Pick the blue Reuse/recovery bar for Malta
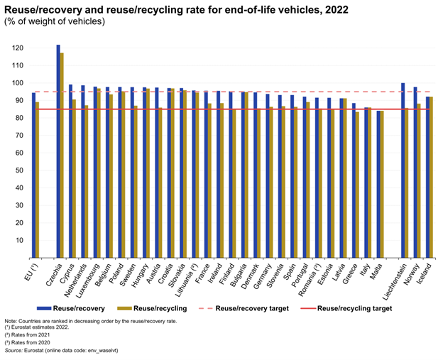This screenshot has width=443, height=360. [x=378, y=184]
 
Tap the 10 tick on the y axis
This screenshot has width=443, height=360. [x=19, y=240]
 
